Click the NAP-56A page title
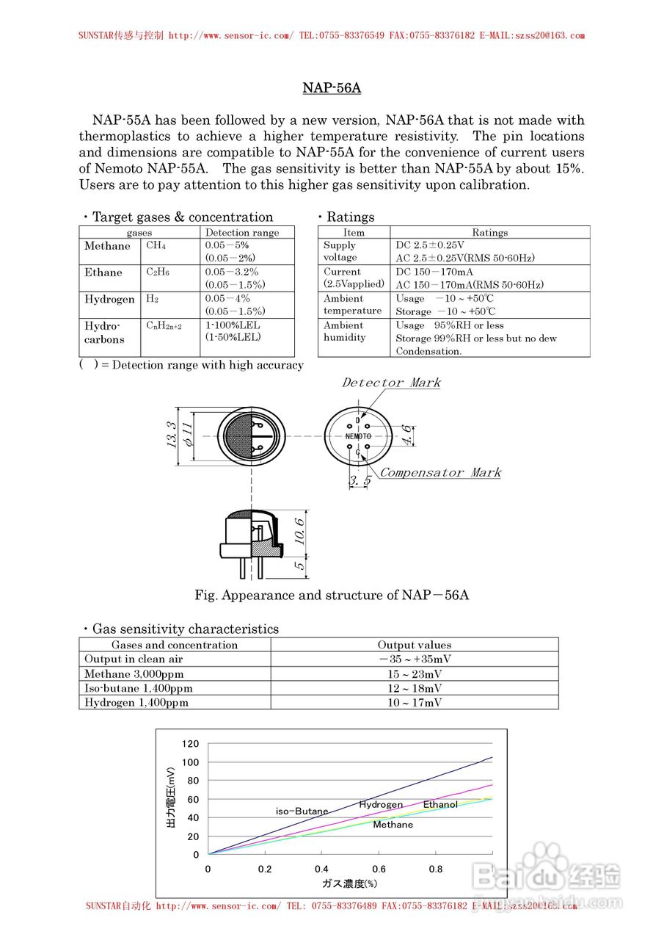tap(332, 88)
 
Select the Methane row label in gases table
tap(107, 246)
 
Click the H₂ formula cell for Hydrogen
tap(152, 299)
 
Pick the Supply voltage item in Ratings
tap(340, 251)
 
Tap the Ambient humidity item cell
tap(344, 331)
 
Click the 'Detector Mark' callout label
tap(392, 383)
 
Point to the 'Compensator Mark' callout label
tap(440, 472)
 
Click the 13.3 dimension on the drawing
tap(170, 435)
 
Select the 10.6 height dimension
tap(300, 528)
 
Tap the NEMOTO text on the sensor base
tap(358, 436)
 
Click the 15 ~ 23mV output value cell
tap(415, 673)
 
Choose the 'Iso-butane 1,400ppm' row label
tap(139, 688)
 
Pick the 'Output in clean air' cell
tap(134, 659)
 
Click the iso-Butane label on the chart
tap(302, 811)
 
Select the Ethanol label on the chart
tap(440, 804)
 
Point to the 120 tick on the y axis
tap(191, 744)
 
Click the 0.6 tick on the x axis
tap(379, 869)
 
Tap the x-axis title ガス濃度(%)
tap(349, 883)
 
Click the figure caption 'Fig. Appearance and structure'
tap(332, 595)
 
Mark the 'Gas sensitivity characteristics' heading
tap(185, 629)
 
